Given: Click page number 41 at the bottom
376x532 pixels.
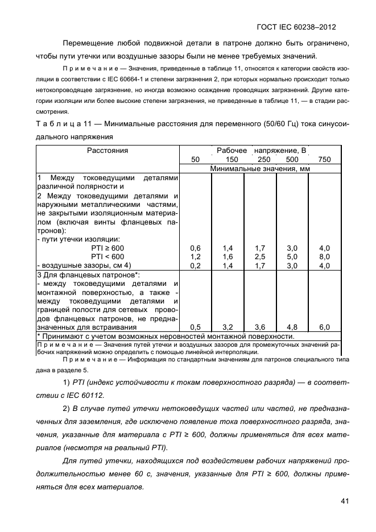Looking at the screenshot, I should point(342,501).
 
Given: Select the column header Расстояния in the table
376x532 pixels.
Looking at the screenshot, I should point(108,151).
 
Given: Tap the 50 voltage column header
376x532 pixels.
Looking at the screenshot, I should point(195,160).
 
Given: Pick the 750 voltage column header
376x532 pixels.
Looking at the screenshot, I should point(324,160).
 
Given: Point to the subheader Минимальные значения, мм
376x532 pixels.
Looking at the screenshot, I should point(259,169).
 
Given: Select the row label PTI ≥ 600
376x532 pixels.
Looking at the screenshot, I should point(107,248).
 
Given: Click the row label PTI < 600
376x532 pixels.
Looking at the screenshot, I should point(107,256).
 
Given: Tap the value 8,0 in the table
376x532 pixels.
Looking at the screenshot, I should point(324,256).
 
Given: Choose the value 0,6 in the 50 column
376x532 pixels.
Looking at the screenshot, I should point(195,248).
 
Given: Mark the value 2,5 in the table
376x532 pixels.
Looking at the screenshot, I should point(260,256).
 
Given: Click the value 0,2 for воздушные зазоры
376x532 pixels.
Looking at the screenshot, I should point(195,265).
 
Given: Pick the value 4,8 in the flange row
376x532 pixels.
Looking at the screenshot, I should point(292,327).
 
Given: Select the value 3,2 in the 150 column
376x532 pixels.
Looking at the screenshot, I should point(228,327).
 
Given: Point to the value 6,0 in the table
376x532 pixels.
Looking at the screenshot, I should point(324,327).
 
